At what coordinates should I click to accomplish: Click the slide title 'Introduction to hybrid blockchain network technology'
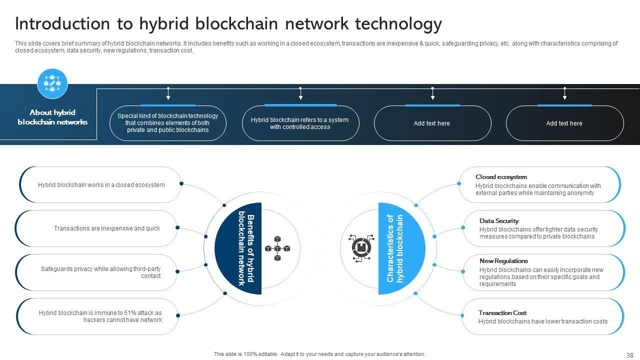[228, 24]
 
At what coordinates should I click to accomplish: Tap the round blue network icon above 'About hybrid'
[52, 83]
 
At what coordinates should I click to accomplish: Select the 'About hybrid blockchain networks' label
[52, 117]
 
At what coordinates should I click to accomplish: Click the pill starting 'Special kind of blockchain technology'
[167, 123]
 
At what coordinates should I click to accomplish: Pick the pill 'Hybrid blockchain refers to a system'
[300, 123]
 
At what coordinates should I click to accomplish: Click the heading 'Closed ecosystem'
[501, 177]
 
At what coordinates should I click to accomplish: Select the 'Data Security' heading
[498, 221]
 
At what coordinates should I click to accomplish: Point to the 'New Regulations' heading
[503, 261]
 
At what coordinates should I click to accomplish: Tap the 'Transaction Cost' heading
[502, 313]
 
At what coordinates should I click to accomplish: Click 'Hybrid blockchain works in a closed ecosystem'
[101, 185]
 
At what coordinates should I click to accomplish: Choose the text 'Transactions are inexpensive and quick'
[107, 228]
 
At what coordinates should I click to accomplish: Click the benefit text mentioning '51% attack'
[100, 316]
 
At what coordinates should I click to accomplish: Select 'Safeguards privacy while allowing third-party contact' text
[100, 272]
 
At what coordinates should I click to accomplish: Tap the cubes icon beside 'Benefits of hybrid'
[277, 248]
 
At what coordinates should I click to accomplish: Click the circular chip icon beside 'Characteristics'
[361, 248]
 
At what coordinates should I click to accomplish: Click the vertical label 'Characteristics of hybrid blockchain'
[395, 248]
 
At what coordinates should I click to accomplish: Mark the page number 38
[629, 355]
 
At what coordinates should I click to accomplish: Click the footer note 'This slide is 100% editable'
[319, 354]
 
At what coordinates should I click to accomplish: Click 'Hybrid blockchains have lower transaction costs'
[542, 321]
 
